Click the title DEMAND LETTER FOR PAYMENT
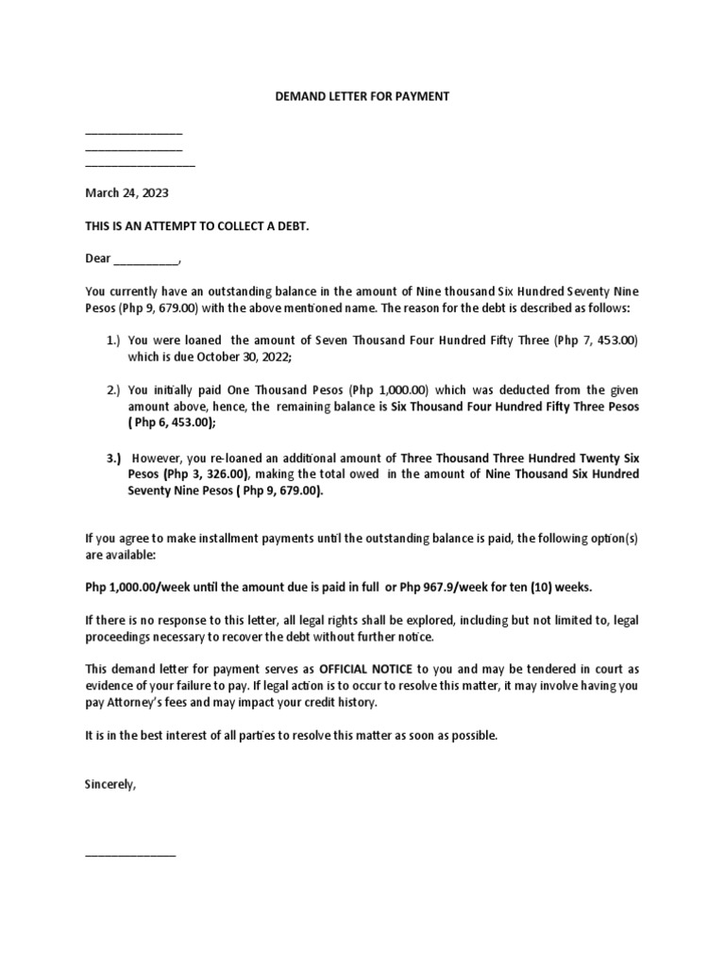coord(362,95)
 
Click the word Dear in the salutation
coord(98,259)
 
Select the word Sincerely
coord(110,782)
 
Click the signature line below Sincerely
coord(130,854)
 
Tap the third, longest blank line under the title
coord(140,165)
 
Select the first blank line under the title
coord(133,133)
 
